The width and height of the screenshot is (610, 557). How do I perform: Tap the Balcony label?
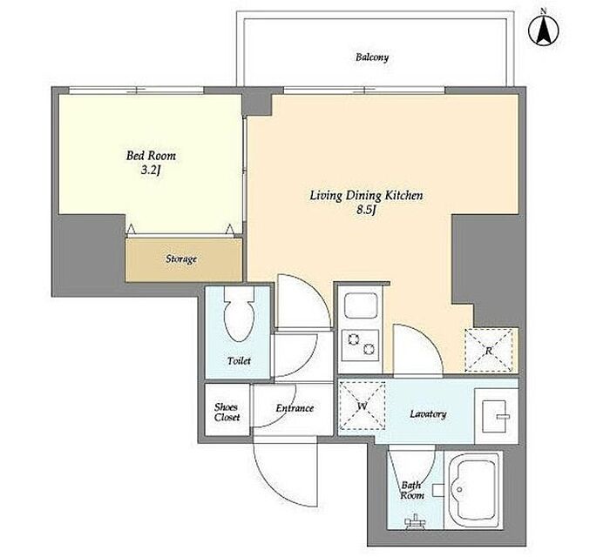pyautogui.click(x=372, y=57)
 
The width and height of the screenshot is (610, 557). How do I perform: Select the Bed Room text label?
pyautogui.click(x=151, y=156)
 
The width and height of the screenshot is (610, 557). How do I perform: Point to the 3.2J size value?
pyautogui.click(x=151, y=171)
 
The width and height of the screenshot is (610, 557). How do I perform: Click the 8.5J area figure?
pyautogui.click(x=366, y=210)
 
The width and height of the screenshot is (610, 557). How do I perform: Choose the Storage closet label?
pyautogui.click(x=181, y=258)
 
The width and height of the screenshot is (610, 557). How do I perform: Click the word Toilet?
pyautogui.click(x=239, y=361)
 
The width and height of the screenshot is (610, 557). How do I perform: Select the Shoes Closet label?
pyautogui.click(x=227, y=413)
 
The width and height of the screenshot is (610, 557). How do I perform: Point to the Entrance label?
pyautogui.click(x=295, y=408)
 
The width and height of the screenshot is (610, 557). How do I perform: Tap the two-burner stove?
pyautogui.click(x=360, y=345)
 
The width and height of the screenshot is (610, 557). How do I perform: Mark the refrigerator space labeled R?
pyautogui.click(x=489, y=351)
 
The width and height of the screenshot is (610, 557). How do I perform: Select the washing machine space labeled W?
pyautogui.click(x=363, y=406)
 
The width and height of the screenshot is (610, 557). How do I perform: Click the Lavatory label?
pyautogui.click(x=428, y=414)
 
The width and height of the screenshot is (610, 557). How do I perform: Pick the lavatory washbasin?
pyautogui.click(x=496, y=416)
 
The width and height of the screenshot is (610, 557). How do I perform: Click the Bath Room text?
pyautogui.click(x=412, y=490)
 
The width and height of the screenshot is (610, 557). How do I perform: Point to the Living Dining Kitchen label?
pyautogui.click(x=366, y=195)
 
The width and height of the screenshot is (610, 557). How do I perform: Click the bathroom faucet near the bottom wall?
pyautogui.click(x=415, y=520)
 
